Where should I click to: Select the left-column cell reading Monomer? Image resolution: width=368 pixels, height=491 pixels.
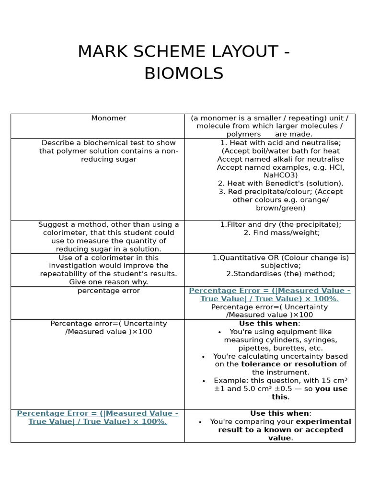click(109, 118)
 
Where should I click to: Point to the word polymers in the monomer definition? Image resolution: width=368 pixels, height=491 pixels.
click(243, 134)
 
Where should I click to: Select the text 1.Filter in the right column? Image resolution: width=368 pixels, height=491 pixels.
click(232, 224)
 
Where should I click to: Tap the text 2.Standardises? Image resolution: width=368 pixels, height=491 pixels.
click(253, 274)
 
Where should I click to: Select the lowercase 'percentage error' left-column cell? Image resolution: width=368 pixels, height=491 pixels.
click(109, 291)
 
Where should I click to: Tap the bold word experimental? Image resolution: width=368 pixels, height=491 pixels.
click(323, 422)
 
